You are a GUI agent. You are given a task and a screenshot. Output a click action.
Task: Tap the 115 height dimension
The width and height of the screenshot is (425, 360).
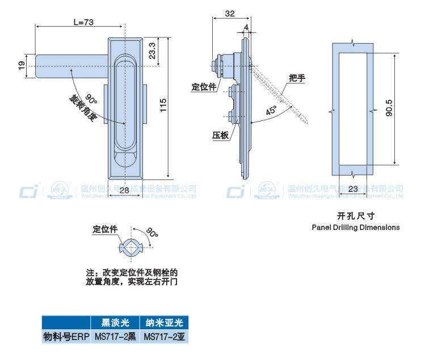(x=163, y=104)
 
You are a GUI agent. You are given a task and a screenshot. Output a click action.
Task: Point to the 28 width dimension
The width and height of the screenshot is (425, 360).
(x=124, y=192)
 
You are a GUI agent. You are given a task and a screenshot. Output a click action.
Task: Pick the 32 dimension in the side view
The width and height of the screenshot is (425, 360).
(x=229, y=14)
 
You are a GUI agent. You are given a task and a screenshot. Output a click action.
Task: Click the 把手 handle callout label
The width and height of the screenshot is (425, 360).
(x=296, y=78)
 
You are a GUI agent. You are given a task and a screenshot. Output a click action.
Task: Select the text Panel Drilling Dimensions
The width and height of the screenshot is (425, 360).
(x=356, y=227)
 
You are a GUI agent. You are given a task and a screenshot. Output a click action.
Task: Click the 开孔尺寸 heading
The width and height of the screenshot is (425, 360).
(x=356, y=216)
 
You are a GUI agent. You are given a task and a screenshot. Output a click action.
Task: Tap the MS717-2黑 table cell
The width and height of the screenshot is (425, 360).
(x=115, y=336)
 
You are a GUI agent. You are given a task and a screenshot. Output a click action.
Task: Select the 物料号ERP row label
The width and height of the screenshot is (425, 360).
(x=66, y=336)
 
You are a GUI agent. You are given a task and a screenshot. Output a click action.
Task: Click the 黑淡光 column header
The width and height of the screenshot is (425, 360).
(x=115, y=323)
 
